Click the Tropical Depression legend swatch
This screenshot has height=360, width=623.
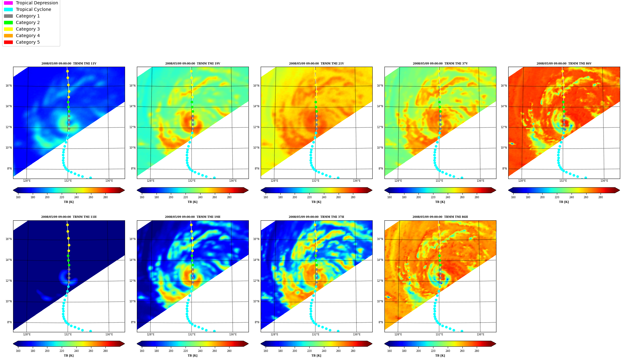pyautogui.click(x=8, y=3)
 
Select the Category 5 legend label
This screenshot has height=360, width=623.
pyautogui.click(x=28, y=42)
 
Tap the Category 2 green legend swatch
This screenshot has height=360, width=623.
pyautogui.click(x=8, y=22)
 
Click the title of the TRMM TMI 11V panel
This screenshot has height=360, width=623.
pyautogui.click(x=69, y=64)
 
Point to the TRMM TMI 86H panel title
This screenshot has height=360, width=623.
pyautogui.click(x=440, y=217)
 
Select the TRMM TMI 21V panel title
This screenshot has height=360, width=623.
pyautogui.click(x=316, y=64)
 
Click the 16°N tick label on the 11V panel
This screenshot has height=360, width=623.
pyautogui.click(x=8, y=86)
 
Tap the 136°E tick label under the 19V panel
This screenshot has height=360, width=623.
pyautogui.click(x=233, y=181)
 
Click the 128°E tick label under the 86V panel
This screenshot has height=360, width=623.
pyautogui.click(x=522, y=181)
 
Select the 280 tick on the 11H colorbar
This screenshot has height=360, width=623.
pyautogui.click(x=105, y=351)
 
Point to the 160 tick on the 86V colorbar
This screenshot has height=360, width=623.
pyautogui.click(x=513, y=197)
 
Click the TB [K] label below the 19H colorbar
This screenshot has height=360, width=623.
pyautogui.click(x=192, y=356)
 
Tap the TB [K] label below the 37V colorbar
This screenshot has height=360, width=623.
pyautogui.click(x=440, y=202)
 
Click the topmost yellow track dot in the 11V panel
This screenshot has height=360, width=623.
pyautogui.click(x=67, y=71)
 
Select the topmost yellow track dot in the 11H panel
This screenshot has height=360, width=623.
pyautogui.click(x=67, y=225)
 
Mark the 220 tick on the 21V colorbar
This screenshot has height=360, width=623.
pyautogui.click(x=309, y=197)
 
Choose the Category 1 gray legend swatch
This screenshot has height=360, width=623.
pyautogui.click(x=8, y=16)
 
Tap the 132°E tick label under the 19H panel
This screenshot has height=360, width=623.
pyautogui.click(x=191, y=334)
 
